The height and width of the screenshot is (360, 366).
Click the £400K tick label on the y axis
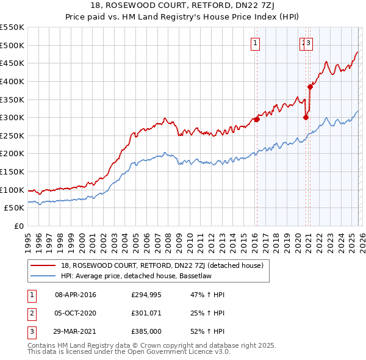tap(12, 81)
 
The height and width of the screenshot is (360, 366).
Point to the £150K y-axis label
tap(12, 171)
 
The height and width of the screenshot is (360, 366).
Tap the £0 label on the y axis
tap(18, 226)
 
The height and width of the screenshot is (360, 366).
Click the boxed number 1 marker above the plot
tap(254, 43)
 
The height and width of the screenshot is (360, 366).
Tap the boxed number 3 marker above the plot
tap(309, 43)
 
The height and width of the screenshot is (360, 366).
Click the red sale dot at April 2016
tap(257, 120)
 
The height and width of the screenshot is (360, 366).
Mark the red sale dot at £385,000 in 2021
tap(310, 87)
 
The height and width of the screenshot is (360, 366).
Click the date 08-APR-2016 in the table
tap(75, 295)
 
